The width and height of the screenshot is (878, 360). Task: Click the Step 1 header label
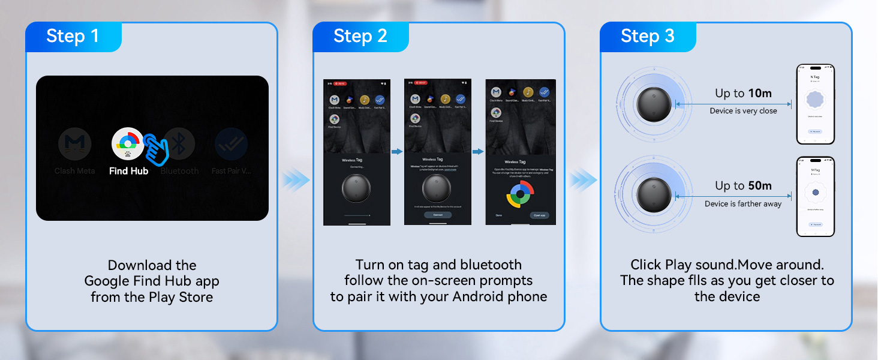pyautogui.click(x=73, y=36)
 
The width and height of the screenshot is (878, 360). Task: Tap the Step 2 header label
pyautogui.click(x=360, y=36)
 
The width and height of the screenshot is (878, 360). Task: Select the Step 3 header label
pyautogui.click(x=647, y=36)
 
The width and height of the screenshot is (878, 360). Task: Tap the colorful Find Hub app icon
pyautogui.click(x=128, y=143)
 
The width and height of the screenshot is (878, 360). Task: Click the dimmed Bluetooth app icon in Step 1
pyautogui.click(x=179, y=144)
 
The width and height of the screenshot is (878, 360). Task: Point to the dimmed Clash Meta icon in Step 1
pyautogui.click(x=75, y=145)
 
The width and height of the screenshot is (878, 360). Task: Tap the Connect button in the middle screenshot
pyautogui.click(x=437, y=214)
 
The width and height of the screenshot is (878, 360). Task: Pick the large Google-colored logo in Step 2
pyautogui.click(x=520, y=196)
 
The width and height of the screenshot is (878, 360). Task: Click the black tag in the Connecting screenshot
pyautogui.click(x=357, y=188)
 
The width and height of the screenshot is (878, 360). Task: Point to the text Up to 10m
pyautogui.click(x=743, y=93)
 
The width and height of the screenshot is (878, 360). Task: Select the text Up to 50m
pyautogui.click(x=743, y=186)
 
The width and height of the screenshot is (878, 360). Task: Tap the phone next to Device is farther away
pyautogui.click(x=815, y=197)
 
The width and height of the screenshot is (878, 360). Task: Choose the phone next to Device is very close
pyautogui.click(x=815, y=104)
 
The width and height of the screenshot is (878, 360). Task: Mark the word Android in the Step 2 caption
pyautogui.click(x=477, y=296)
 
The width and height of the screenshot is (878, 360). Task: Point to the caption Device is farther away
pyautogui.click(x=743, y=204)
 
